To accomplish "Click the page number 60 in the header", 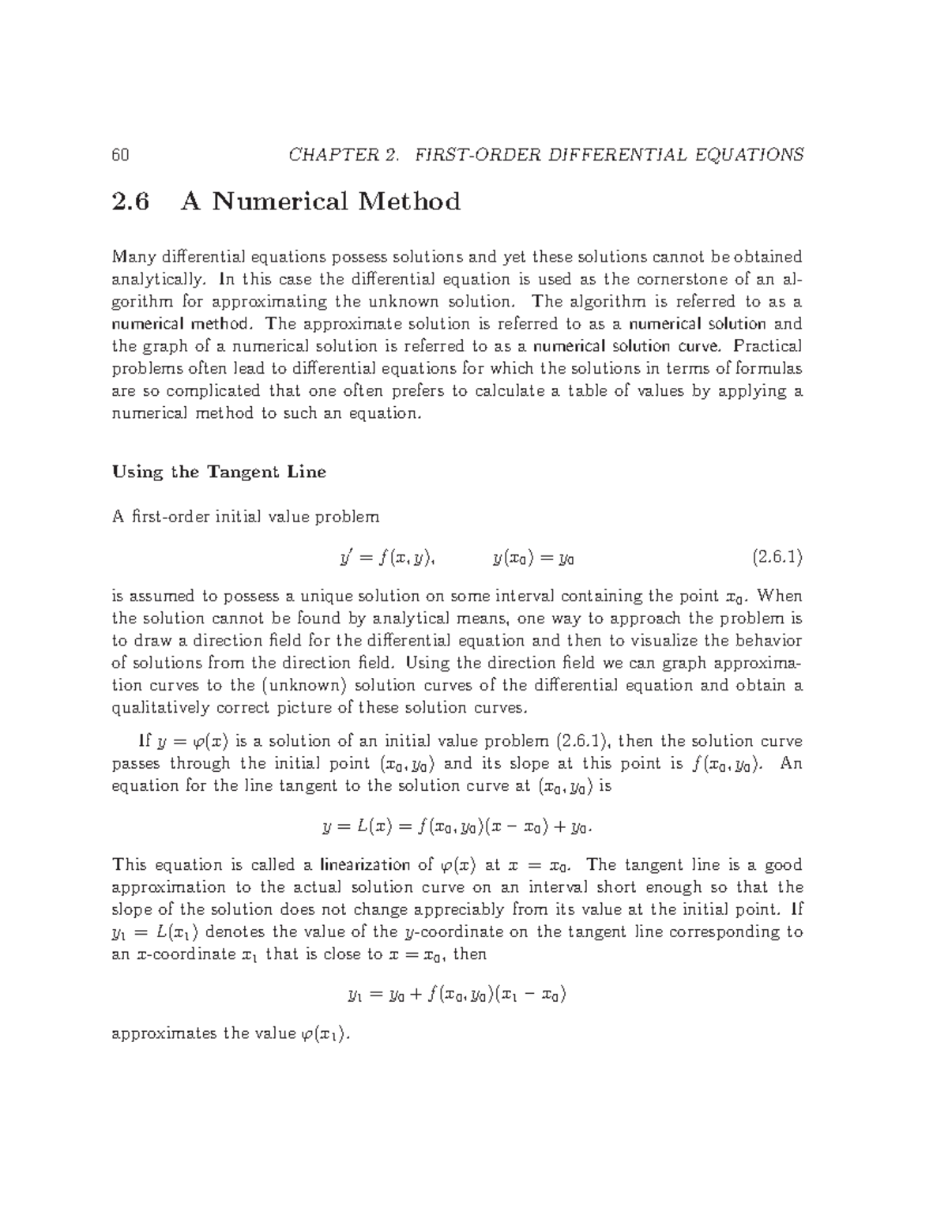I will (x=120, y=155).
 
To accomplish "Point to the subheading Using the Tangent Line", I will (x=219, y=472).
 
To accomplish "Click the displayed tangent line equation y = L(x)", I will (x=458, y=827).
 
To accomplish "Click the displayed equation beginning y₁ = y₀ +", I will (x=457, y=994).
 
